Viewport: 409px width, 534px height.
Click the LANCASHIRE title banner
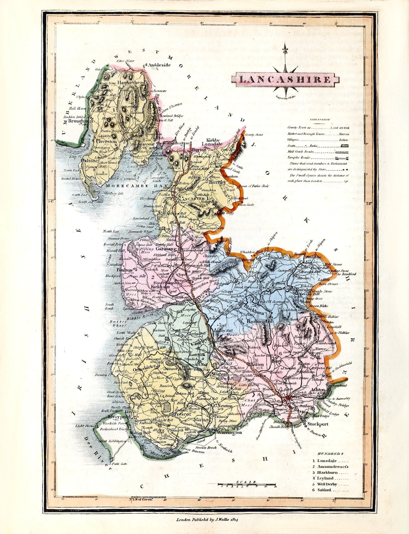click(x=285, y=79)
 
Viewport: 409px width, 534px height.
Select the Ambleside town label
click(x=159, y=65)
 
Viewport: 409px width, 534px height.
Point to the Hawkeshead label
click(x=131, y=82)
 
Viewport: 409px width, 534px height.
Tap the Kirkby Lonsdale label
click(x=212, y=142)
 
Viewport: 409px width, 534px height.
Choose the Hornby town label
click(x=217, y=182)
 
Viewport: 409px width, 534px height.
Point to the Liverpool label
click(x=119, y=416)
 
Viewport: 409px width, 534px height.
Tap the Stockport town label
click(x=317, y=424)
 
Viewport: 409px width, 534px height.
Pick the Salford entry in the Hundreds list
click(x=324, y=490)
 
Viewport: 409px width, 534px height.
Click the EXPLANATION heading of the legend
click(x=320, y=120)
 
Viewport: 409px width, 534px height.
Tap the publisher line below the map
click(x=209, y=520)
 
